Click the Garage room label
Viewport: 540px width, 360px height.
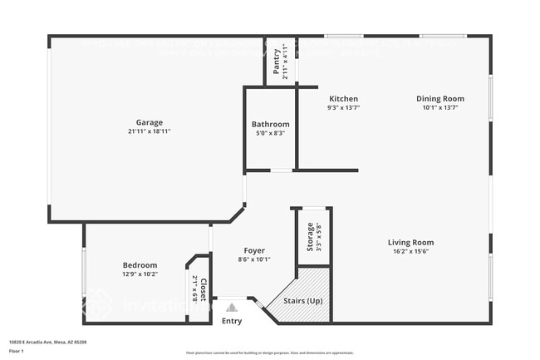tap(150, 122)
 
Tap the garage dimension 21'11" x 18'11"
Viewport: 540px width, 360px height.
tap(150, 131)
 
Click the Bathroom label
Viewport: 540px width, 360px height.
tap(271, 124)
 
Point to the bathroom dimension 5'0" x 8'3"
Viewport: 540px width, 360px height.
tap(271, 133)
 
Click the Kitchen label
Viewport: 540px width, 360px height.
tap(343, 98)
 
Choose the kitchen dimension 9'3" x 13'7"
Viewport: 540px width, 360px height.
tap(343, 107)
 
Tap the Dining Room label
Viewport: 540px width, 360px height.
tap(440, 98)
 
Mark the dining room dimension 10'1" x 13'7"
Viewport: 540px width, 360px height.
tap(440, 107)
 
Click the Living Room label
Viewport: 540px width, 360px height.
tap(410, 243)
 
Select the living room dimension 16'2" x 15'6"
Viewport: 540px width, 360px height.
tap(410, 252)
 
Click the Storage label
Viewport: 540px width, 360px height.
tap(311, 236)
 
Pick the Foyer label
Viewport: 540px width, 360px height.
tap(254, 250)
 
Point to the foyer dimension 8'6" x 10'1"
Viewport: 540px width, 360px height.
tap(254, 259)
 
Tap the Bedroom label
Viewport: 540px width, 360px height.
tap(140, 265)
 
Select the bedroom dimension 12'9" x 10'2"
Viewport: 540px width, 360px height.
tap(140, 274)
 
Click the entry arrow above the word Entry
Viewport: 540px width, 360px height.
tap(232, 307)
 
